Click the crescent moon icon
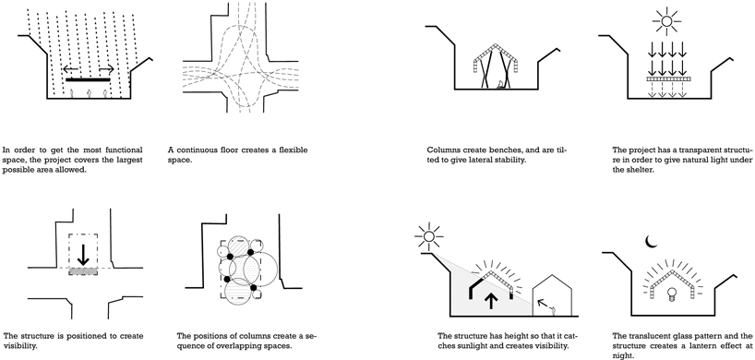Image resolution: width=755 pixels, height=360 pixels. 651,242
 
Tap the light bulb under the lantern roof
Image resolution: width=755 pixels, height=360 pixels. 671,294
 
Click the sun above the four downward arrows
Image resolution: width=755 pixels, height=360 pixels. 666,21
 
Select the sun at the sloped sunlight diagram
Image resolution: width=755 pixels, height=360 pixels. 429,236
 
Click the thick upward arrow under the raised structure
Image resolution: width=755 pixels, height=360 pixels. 491,301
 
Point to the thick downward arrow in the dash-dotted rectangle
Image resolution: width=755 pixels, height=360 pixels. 83,255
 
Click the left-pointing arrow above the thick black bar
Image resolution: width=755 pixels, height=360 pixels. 71,69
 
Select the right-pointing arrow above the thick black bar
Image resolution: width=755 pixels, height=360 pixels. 106,69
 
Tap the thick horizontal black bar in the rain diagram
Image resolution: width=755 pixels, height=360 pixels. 88,79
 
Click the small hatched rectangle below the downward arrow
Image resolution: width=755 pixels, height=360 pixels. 83,271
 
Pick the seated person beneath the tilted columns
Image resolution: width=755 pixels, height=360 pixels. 501,85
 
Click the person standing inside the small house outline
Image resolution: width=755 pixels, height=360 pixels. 555,311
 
